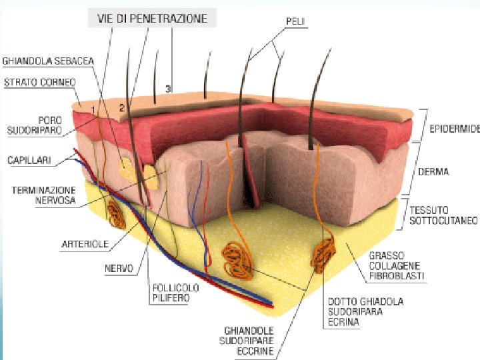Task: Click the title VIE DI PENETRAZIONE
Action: pos(153,18)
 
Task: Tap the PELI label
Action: pos(296,21)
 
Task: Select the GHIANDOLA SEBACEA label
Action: pos(49,61)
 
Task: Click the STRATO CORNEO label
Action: pos(41,82)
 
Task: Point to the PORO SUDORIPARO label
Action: pos(43,126)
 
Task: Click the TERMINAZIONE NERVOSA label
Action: pos(43,195)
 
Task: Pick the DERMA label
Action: pos(433,171)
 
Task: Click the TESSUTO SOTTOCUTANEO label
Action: pos(443,215)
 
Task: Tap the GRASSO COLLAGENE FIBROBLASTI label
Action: pos(397,265)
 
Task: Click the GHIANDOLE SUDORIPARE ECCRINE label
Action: pos(249,340)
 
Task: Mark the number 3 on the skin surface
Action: pos(168,88)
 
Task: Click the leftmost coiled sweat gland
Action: pos(115,214)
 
